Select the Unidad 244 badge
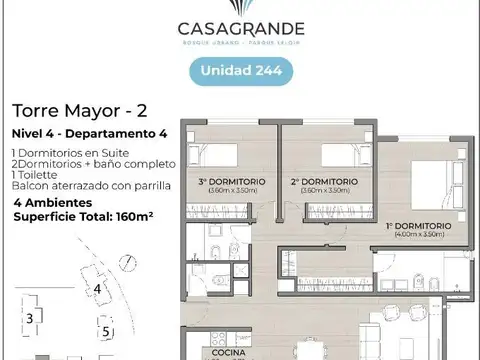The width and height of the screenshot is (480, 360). coord(240,72)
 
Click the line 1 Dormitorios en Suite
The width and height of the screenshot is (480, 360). coord(70,153)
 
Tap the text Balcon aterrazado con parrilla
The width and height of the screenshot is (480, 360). coord(92,186)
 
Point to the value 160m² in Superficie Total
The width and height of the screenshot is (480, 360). coord(143,216)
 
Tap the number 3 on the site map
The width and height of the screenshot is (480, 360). coord(31,318)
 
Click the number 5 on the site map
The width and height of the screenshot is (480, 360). coord(105,331)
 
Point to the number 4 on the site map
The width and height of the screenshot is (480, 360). coord(97,290)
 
